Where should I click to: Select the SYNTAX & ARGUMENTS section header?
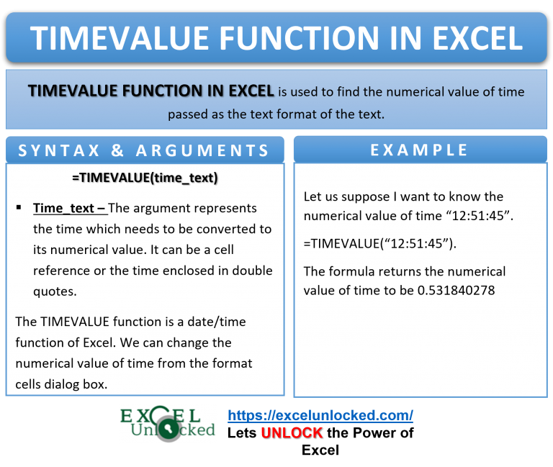click(144, 150)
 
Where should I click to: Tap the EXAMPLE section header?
click(419, 150)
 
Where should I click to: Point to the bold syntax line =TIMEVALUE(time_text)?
click(145, 177)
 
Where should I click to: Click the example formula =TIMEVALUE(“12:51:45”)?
click(379, 243)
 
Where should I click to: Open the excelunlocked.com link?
click(320, 415)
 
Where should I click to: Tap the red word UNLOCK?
click(292, 433)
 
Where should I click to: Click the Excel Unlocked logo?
click(168, 423)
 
